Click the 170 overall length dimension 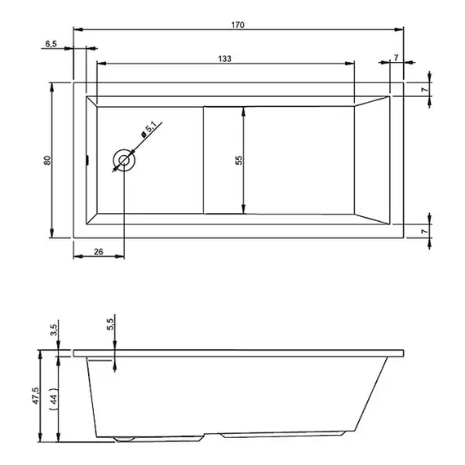point(237,24)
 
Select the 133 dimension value point(224,58)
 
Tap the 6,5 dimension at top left point(51,46)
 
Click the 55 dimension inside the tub point(238,160)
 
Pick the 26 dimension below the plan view point(98,252)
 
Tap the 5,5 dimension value point(110,326)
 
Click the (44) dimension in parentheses point(51,400)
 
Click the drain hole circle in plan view point(124,161)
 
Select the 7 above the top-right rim point(396,57)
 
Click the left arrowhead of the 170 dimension point(77,29)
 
